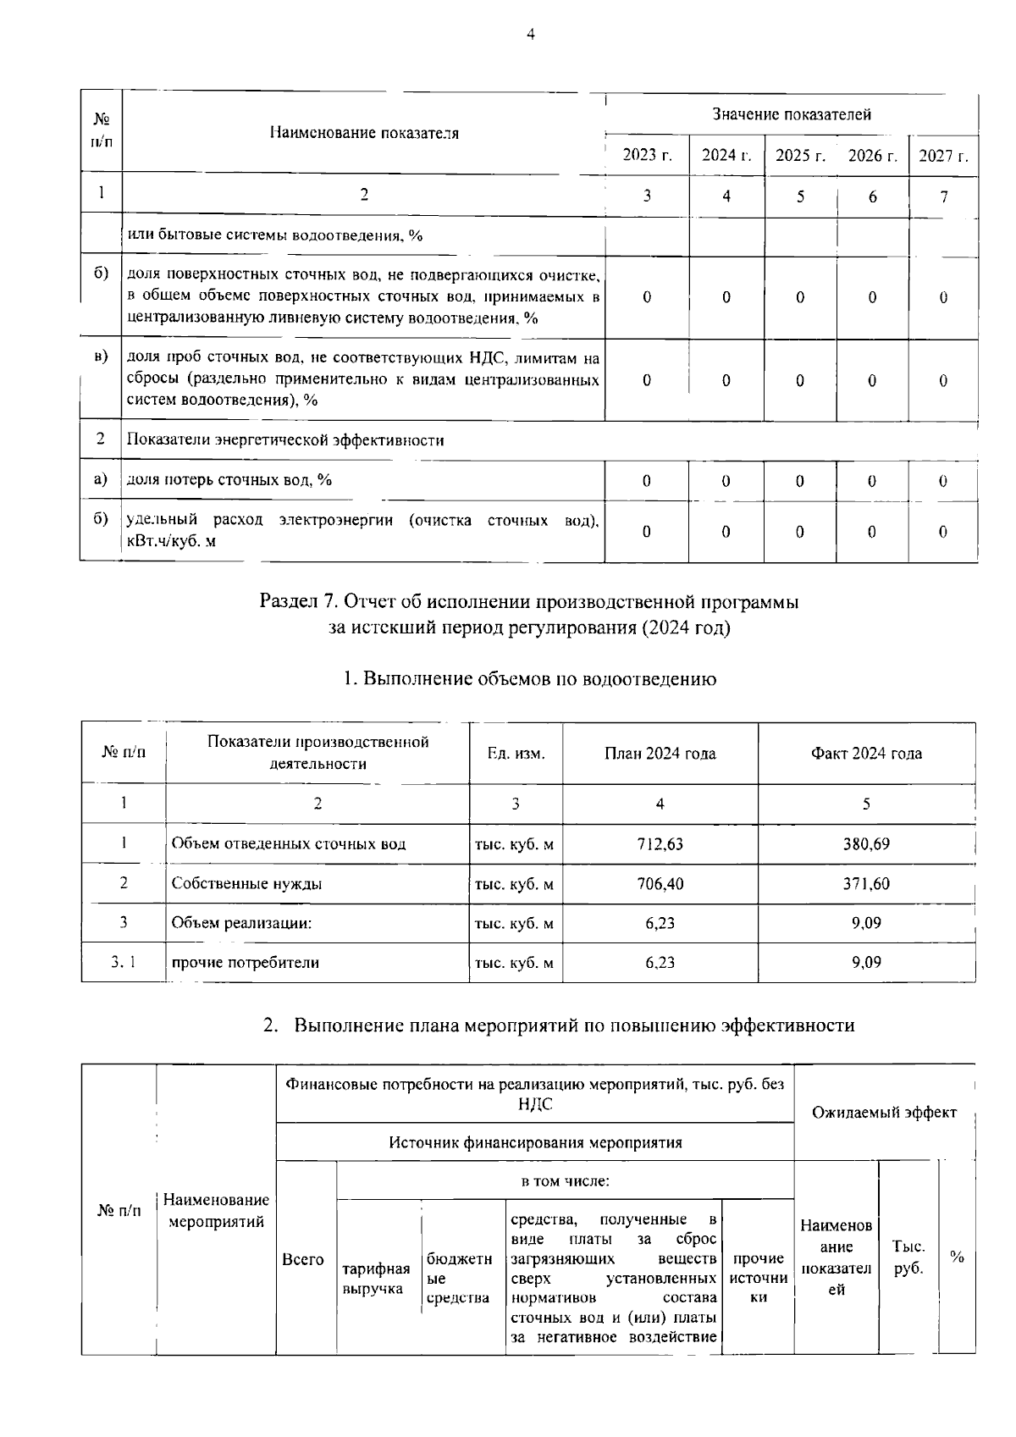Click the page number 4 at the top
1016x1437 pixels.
coord(531,35)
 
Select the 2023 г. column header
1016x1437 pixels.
coord(647,156)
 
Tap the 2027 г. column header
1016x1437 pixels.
coord(943,156)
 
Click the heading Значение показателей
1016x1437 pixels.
coord(791,114)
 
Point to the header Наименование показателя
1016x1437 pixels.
coord(364,133)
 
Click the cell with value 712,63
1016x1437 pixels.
coord(660,844)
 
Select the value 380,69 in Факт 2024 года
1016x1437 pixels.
coord(865,844)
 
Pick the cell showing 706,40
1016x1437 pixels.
coord(660,884)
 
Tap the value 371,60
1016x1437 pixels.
coord(865,884)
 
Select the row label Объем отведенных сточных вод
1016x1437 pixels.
coord(288,844)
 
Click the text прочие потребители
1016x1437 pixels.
coord(245,963)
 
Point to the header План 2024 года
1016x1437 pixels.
coord(660,754)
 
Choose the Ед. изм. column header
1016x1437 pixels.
coord(516,754)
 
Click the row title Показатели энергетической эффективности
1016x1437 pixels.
coord(285,440)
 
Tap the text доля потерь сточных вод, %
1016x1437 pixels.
coord(229,480)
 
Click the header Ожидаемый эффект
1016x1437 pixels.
coord(884,1112)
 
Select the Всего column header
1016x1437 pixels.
coord(303,1260)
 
